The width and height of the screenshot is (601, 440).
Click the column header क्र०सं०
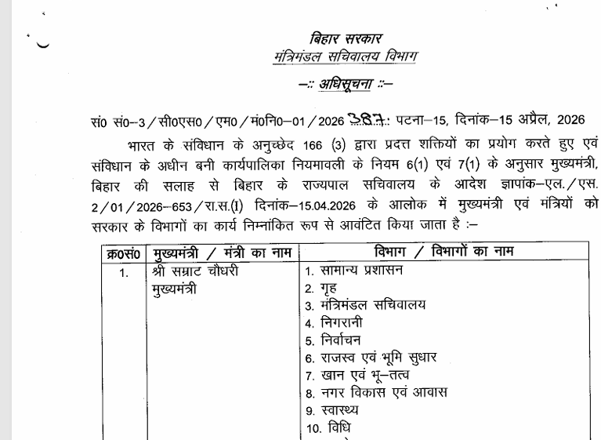click(x=123, y=253)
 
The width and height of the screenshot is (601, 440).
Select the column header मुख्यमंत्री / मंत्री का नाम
click(x=220, y=253)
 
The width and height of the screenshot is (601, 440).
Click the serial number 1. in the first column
click(x=124, y=274)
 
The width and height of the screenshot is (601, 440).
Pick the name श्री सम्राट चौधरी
click(x=194, y=272)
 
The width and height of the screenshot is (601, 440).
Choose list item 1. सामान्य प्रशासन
click(x=354, y=271)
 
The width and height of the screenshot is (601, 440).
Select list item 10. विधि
click(x=328, y=427)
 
